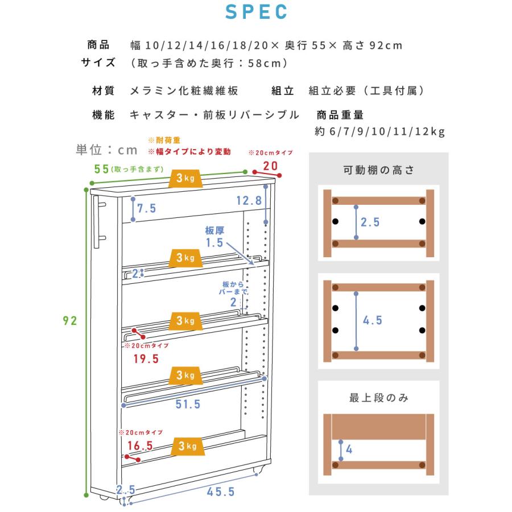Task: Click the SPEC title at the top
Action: (x=256, y=12)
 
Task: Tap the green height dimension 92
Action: (x=70, y=321)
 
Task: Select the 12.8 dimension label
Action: (x=249, y=200)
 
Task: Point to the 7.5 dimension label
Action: (x=147, y=208)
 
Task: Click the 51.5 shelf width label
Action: (x=188, y=404)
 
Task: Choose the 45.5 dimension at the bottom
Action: (x=221, y=492)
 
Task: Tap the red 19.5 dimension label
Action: (x=146, y=359)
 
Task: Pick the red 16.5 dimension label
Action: (x=140, y=445)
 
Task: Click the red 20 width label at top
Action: (x=270, y=166)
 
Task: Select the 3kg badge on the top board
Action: (x=185, y=178)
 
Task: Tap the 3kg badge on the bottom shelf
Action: (x=188, y=446)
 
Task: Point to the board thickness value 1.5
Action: (x=214, y=242)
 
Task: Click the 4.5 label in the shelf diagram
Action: (x=373, y=320)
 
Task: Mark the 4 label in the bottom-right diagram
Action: (x=349, y=449)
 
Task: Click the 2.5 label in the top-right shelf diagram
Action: (x=370, y=222)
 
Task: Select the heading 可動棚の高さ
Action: (x=379, y=170)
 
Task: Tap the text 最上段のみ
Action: (x=379, y=398)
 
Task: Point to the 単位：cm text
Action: (x=106, y=150)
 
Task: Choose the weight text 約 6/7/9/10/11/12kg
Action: (x=380, y=131)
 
